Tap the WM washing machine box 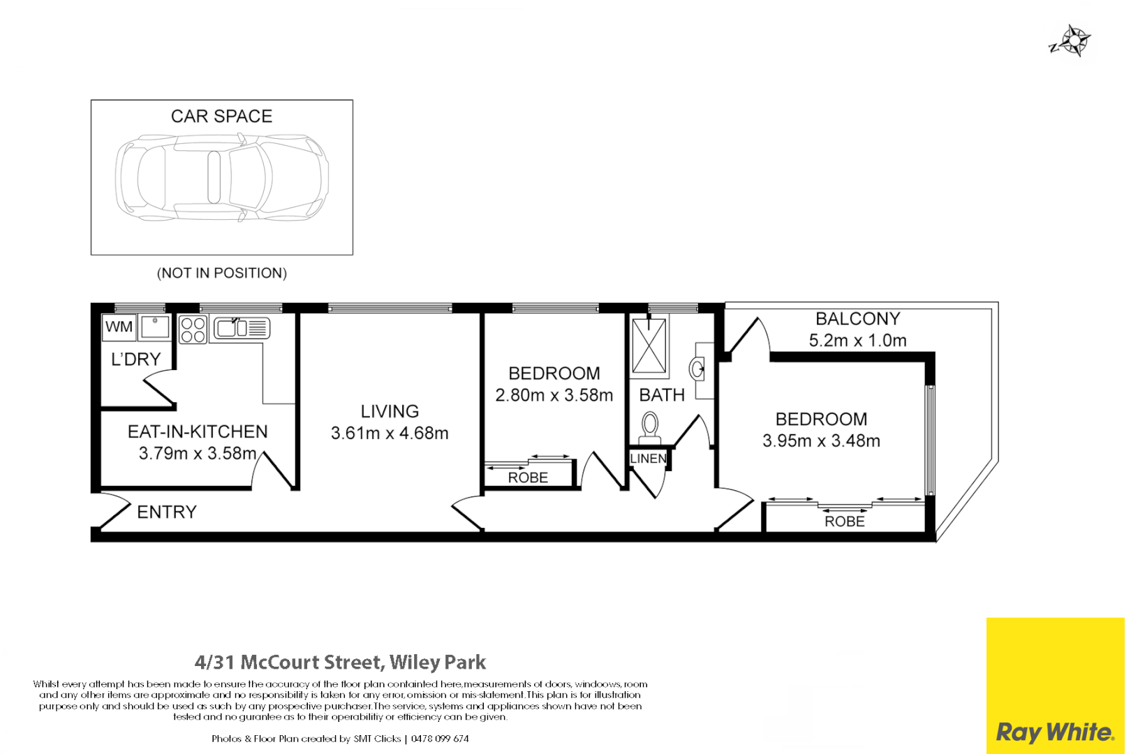pos(119,327)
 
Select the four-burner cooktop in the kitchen pos(193,330)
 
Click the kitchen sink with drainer pos(242,327)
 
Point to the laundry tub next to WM pos(154,327)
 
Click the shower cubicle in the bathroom pos(649,346)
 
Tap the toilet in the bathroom pos(650,427)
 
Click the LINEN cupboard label pos(648,459)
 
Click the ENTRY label pos(167,512)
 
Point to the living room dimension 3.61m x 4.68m pos(390,434)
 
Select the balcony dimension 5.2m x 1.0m pos(857,341)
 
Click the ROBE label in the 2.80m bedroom pos(528,478)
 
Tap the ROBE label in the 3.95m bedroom pos(844,522)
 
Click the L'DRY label pos(136,360)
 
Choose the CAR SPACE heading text pos(221,117)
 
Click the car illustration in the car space pos(221,178)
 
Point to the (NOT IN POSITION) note pos(221,273)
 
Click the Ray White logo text pos(1054,732)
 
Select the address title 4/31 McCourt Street pos(340,662)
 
